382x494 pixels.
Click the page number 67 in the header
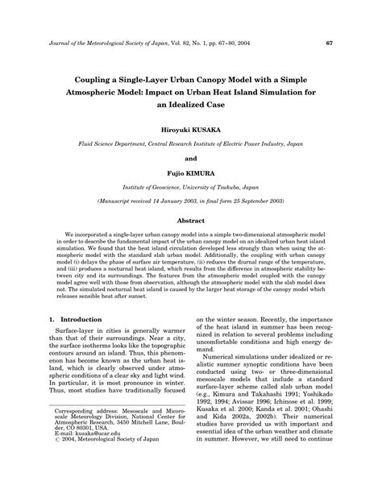(330, 43)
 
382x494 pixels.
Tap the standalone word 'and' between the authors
(191, 159)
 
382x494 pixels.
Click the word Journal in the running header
(61, 43)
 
